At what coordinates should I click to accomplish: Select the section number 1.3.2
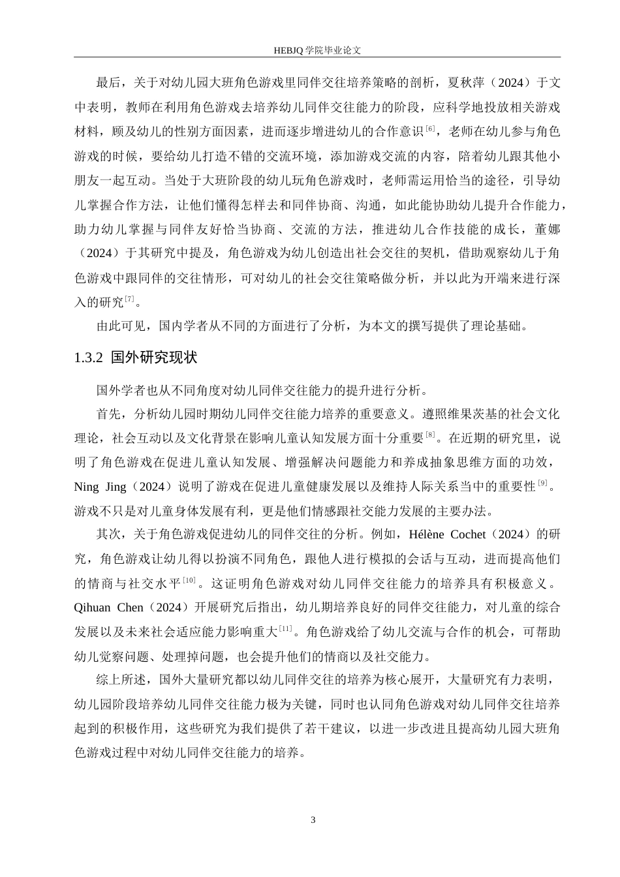click(89, 358)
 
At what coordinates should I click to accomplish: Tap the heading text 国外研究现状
click(154, 358)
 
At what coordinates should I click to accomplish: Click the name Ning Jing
click(96, 486)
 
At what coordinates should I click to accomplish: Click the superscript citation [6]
click(429, 129)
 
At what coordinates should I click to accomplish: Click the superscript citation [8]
click(430, 435)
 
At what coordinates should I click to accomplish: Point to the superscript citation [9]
click(542, 483)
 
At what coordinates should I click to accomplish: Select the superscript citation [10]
click(189, 579)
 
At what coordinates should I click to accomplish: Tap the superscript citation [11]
click(285, 628)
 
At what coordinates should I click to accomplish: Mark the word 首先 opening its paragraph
click(108, 414)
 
